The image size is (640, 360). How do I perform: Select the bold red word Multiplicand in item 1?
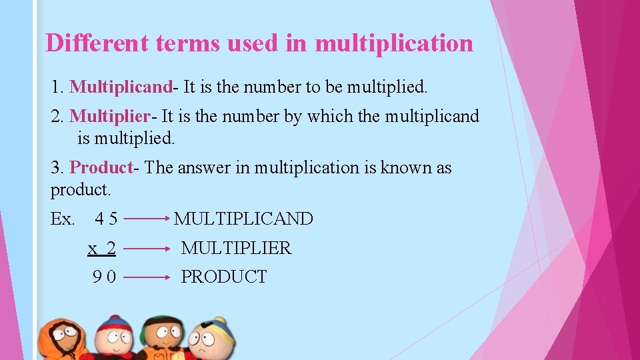121,87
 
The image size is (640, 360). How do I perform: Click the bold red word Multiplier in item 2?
110,117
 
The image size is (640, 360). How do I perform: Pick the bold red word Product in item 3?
101,167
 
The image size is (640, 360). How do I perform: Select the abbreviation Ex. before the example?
63,219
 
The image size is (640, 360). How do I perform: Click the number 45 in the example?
107,219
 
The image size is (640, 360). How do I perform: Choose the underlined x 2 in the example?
102,248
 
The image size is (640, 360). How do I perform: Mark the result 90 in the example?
105,277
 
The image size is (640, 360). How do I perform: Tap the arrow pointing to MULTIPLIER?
147,248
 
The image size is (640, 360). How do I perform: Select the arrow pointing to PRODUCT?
147,277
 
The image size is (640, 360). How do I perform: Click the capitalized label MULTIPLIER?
236,248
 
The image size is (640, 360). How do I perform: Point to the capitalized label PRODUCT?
224,277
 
